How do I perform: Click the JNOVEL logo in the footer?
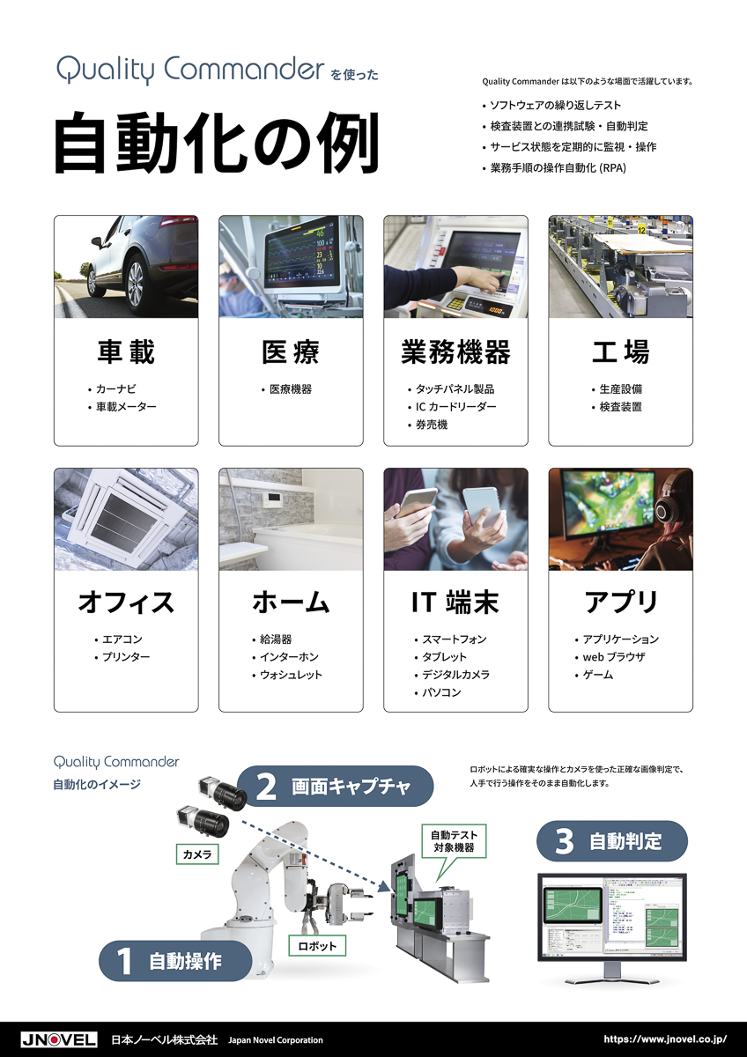point(59,1039)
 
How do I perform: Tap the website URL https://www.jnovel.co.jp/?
point(665,1039)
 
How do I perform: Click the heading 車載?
point(126,351)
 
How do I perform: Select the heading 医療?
point(291,351)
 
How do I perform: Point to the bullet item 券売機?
point(432,425)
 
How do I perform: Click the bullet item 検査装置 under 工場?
point(620,407)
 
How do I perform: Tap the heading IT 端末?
point(455,602)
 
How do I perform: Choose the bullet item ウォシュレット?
point(291,675)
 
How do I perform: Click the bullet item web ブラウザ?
point(613,657)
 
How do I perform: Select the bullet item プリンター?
point(126,657)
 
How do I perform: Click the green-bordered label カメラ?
point(197,854)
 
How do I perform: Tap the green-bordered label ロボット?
point(317,946)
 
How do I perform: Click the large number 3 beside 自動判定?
point(565,841)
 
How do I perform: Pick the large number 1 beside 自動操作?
point(124,961)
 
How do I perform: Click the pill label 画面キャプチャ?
point(335,787)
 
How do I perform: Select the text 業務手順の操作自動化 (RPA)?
point(558,168)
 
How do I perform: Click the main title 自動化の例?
point(217,143)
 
